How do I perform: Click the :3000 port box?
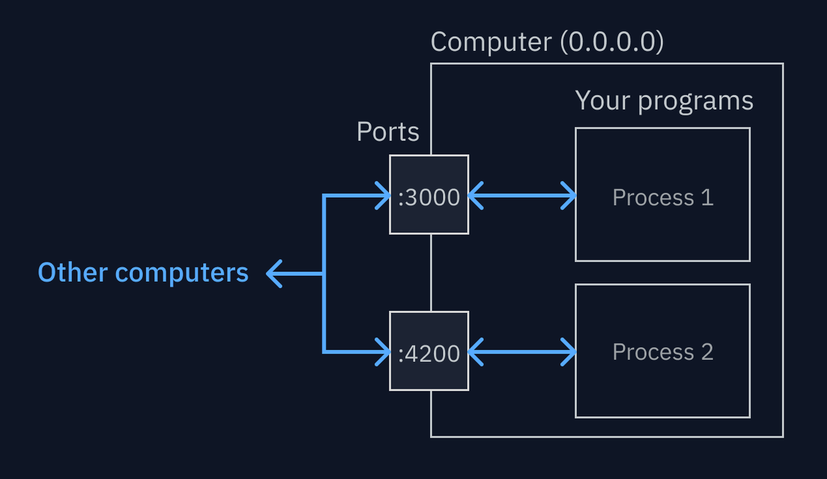[x=429, y=195]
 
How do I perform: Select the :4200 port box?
[x=429, y=351]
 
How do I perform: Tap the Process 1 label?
[x=662, y=198]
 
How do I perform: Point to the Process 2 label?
[x=662, y=352]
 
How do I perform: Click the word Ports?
[x=387, y=132]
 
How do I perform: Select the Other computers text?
[x=143, y=273]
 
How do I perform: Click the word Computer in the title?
[x=491, y=43]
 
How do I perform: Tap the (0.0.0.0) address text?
[x=612, y=43]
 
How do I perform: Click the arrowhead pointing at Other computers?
[x=273, y=274]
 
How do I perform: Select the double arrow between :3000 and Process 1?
[x=522, y=196]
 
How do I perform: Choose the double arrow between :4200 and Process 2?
[x=522, y=351]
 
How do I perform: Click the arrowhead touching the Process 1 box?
[x=569, y=196]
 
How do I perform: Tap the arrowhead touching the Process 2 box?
[x=569, y=351]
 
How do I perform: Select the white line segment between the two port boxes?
[x=431, y=273]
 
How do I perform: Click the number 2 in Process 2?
[x=706, y=352]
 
